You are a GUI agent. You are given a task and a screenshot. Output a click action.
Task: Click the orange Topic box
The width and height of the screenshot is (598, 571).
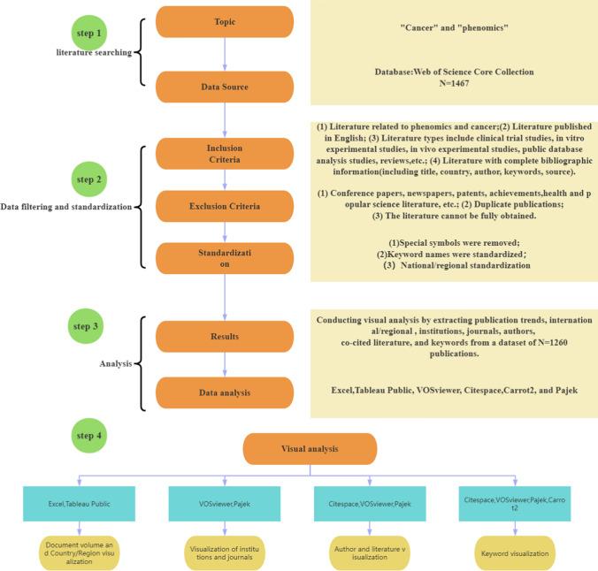(x=225, y=22)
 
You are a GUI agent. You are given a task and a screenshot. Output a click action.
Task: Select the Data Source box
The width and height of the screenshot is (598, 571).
(x=225, y=88)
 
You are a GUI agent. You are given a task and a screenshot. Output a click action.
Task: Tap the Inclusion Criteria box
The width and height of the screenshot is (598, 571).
(x=225, y=154)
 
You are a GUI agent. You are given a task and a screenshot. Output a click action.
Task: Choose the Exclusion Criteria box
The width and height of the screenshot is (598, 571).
(x=225, y=206)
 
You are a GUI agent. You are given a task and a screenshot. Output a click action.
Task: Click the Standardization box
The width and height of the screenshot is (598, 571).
(x=225, y=257)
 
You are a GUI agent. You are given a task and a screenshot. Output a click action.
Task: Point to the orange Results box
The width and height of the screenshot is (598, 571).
(x=225, y=336)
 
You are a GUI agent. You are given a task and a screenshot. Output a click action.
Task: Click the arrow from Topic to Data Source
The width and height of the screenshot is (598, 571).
(x=225, y=55)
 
